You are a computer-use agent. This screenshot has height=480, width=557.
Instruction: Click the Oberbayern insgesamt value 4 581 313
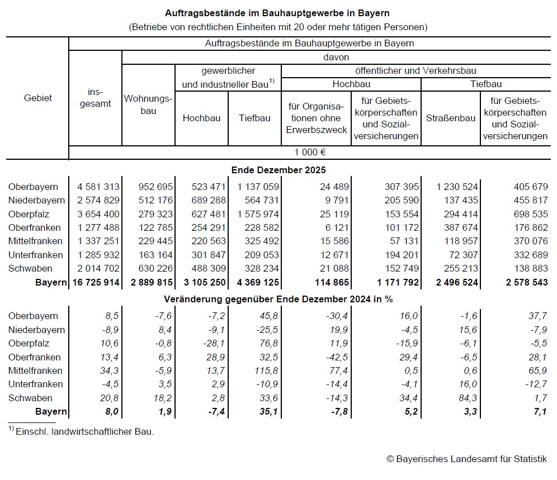click(96, 187)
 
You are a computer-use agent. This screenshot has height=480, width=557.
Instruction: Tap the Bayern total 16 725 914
click(96, 283)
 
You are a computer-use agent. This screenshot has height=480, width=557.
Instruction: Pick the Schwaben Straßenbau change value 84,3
click(468, 398)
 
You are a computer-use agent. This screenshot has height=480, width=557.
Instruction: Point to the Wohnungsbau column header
click(148, 104)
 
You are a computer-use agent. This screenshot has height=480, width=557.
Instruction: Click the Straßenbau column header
click(451, 118)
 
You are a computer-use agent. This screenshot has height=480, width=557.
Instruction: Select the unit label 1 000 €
click(310, 152)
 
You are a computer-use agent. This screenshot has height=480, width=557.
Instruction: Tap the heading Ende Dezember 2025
click(278, 170)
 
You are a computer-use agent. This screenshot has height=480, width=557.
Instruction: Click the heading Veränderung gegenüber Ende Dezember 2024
click(278, 299)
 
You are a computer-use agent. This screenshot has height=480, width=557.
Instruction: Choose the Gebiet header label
click(38, 98)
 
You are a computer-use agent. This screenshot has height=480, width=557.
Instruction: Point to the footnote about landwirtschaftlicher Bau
click(81, 431)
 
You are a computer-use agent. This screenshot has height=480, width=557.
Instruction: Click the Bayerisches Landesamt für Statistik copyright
click(466, 459)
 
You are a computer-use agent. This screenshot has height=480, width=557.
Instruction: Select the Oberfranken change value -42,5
click(337, 358)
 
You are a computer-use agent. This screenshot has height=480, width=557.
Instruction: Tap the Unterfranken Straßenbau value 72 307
click(460, 255)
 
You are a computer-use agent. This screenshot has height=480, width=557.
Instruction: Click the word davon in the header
click(336, 58)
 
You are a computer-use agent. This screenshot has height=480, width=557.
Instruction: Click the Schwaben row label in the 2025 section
click(30, 269)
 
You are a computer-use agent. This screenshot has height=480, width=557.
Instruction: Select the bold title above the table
click(278, 12)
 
